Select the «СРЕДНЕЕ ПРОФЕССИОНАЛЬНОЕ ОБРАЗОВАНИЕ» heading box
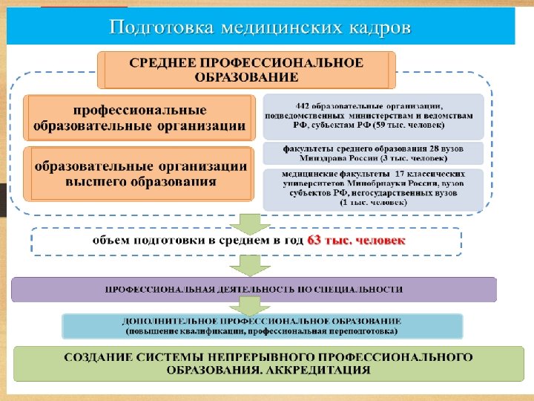247,69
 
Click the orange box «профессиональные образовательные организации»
139,117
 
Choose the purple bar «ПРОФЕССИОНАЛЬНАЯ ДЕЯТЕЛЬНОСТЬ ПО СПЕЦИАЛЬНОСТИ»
254,288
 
